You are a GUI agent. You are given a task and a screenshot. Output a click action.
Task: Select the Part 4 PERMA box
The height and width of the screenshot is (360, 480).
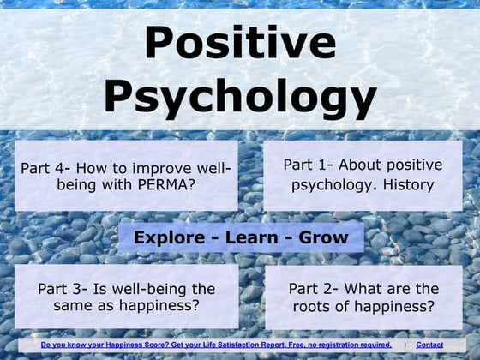[x=126, y=176]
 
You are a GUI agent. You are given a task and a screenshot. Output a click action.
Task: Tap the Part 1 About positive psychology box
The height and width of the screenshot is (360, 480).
[x=363, y=175]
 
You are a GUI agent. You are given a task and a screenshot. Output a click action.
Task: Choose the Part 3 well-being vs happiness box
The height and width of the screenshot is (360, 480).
[x=126, y=297]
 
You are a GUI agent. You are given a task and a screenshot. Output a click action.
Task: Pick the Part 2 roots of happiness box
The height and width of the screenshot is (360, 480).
[x=363, y=297]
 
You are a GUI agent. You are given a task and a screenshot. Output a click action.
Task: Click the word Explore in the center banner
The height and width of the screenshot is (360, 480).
[x=170, y=237]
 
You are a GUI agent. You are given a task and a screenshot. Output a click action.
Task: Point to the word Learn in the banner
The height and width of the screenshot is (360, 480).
[x=249, y=237]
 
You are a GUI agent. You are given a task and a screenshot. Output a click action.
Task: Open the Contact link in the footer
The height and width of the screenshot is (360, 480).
[x=429, y=345]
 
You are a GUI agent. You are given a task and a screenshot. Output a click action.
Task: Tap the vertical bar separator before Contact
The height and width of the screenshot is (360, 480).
[x=405, y=345]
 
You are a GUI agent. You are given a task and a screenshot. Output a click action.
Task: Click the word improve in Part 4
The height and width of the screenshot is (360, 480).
[x=169, y=167]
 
